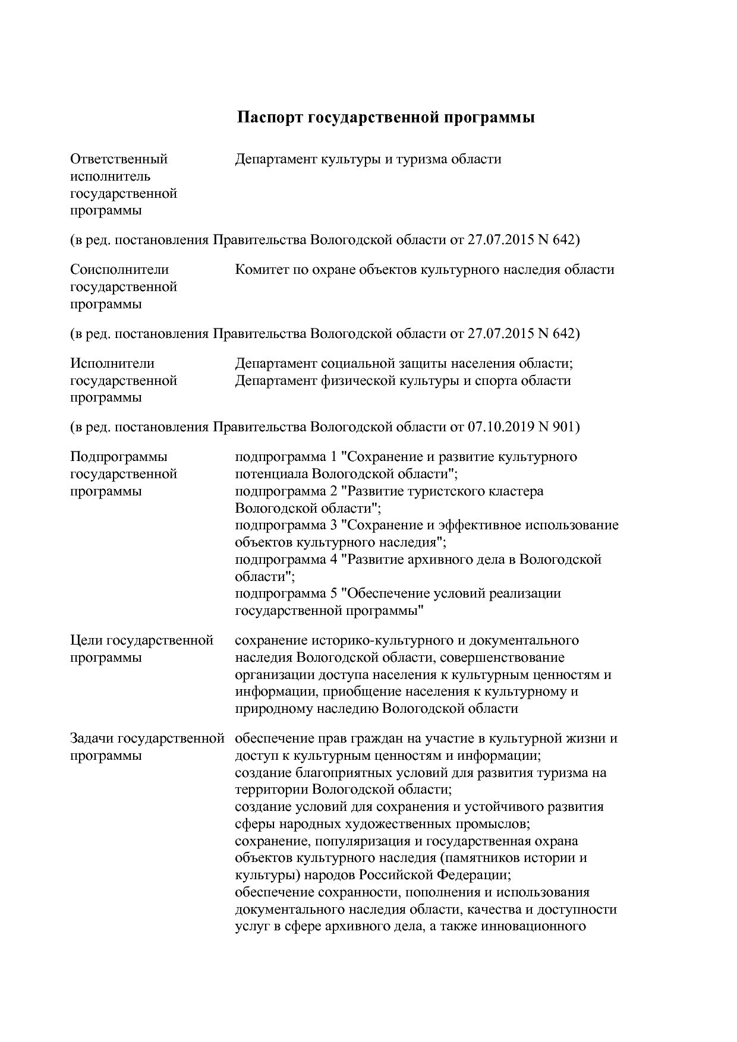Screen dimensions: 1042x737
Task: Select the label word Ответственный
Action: (119, 159)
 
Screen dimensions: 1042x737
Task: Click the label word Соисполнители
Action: (119, 270)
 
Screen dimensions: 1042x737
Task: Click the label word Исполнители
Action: (112, 363)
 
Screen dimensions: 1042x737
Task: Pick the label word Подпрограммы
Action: (119, 457)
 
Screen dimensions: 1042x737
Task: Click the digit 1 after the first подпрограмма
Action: (333, 457)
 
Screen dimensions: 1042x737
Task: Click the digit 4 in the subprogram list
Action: (333, 560)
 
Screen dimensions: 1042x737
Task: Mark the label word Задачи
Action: (92, 739)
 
